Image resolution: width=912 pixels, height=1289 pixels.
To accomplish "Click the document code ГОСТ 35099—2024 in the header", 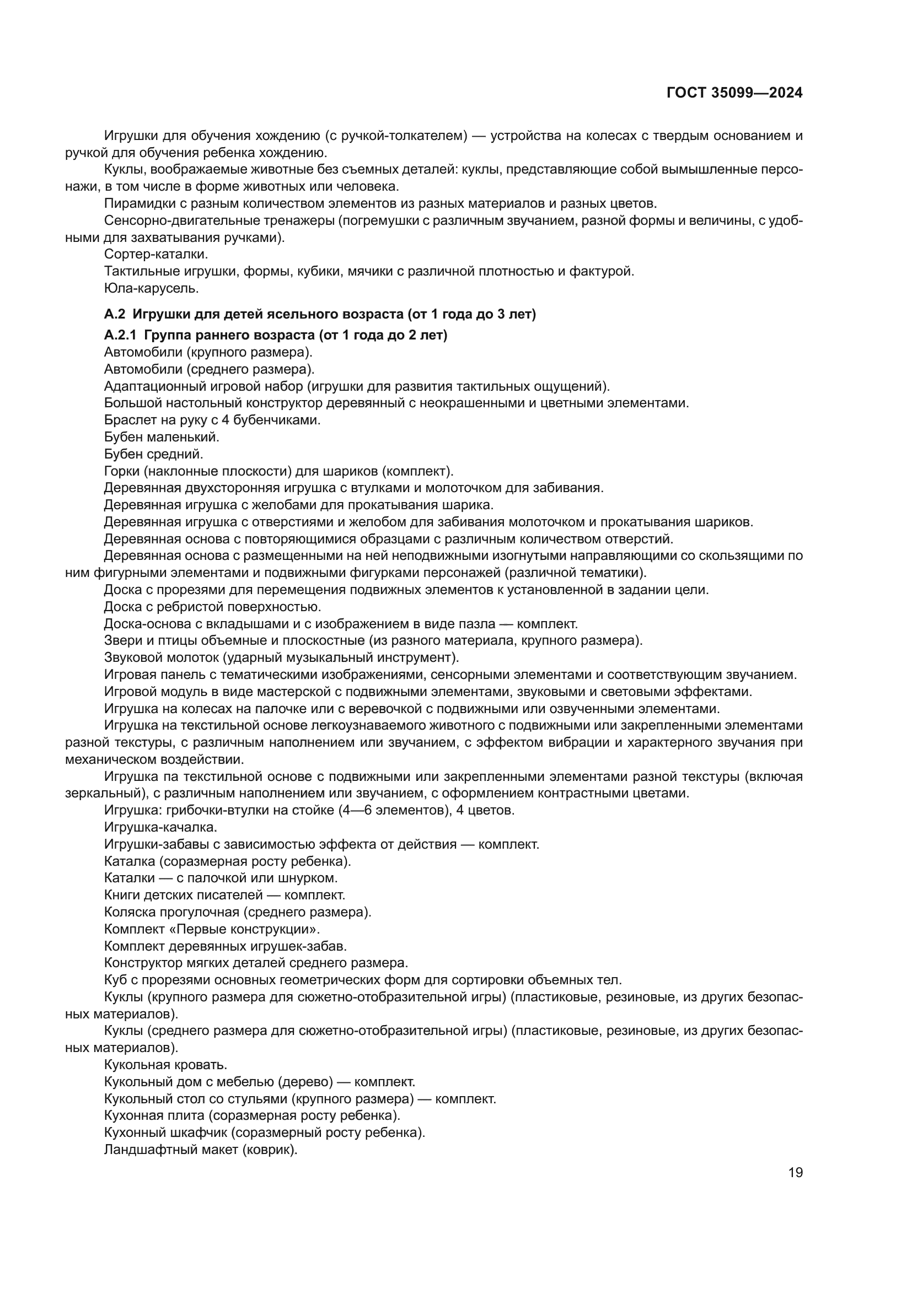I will (x=734, y=93).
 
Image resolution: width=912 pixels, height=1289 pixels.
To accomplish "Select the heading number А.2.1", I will (x=120, y=336).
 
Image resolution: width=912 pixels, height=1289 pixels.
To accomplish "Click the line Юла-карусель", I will (x=151, y=289).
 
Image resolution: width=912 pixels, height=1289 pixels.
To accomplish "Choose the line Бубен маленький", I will (x=162, y=437).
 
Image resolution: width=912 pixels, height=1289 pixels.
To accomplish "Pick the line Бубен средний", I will (x=153, y=454).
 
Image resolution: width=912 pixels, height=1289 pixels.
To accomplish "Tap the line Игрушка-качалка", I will (x=160, y=828).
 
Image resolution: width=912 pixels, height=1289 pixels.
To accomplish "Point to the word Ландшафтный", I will (x=143, y=1150).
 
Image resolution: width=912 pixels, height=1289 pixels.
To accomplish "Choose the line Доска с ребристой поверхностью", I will (x=212, y=607).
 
